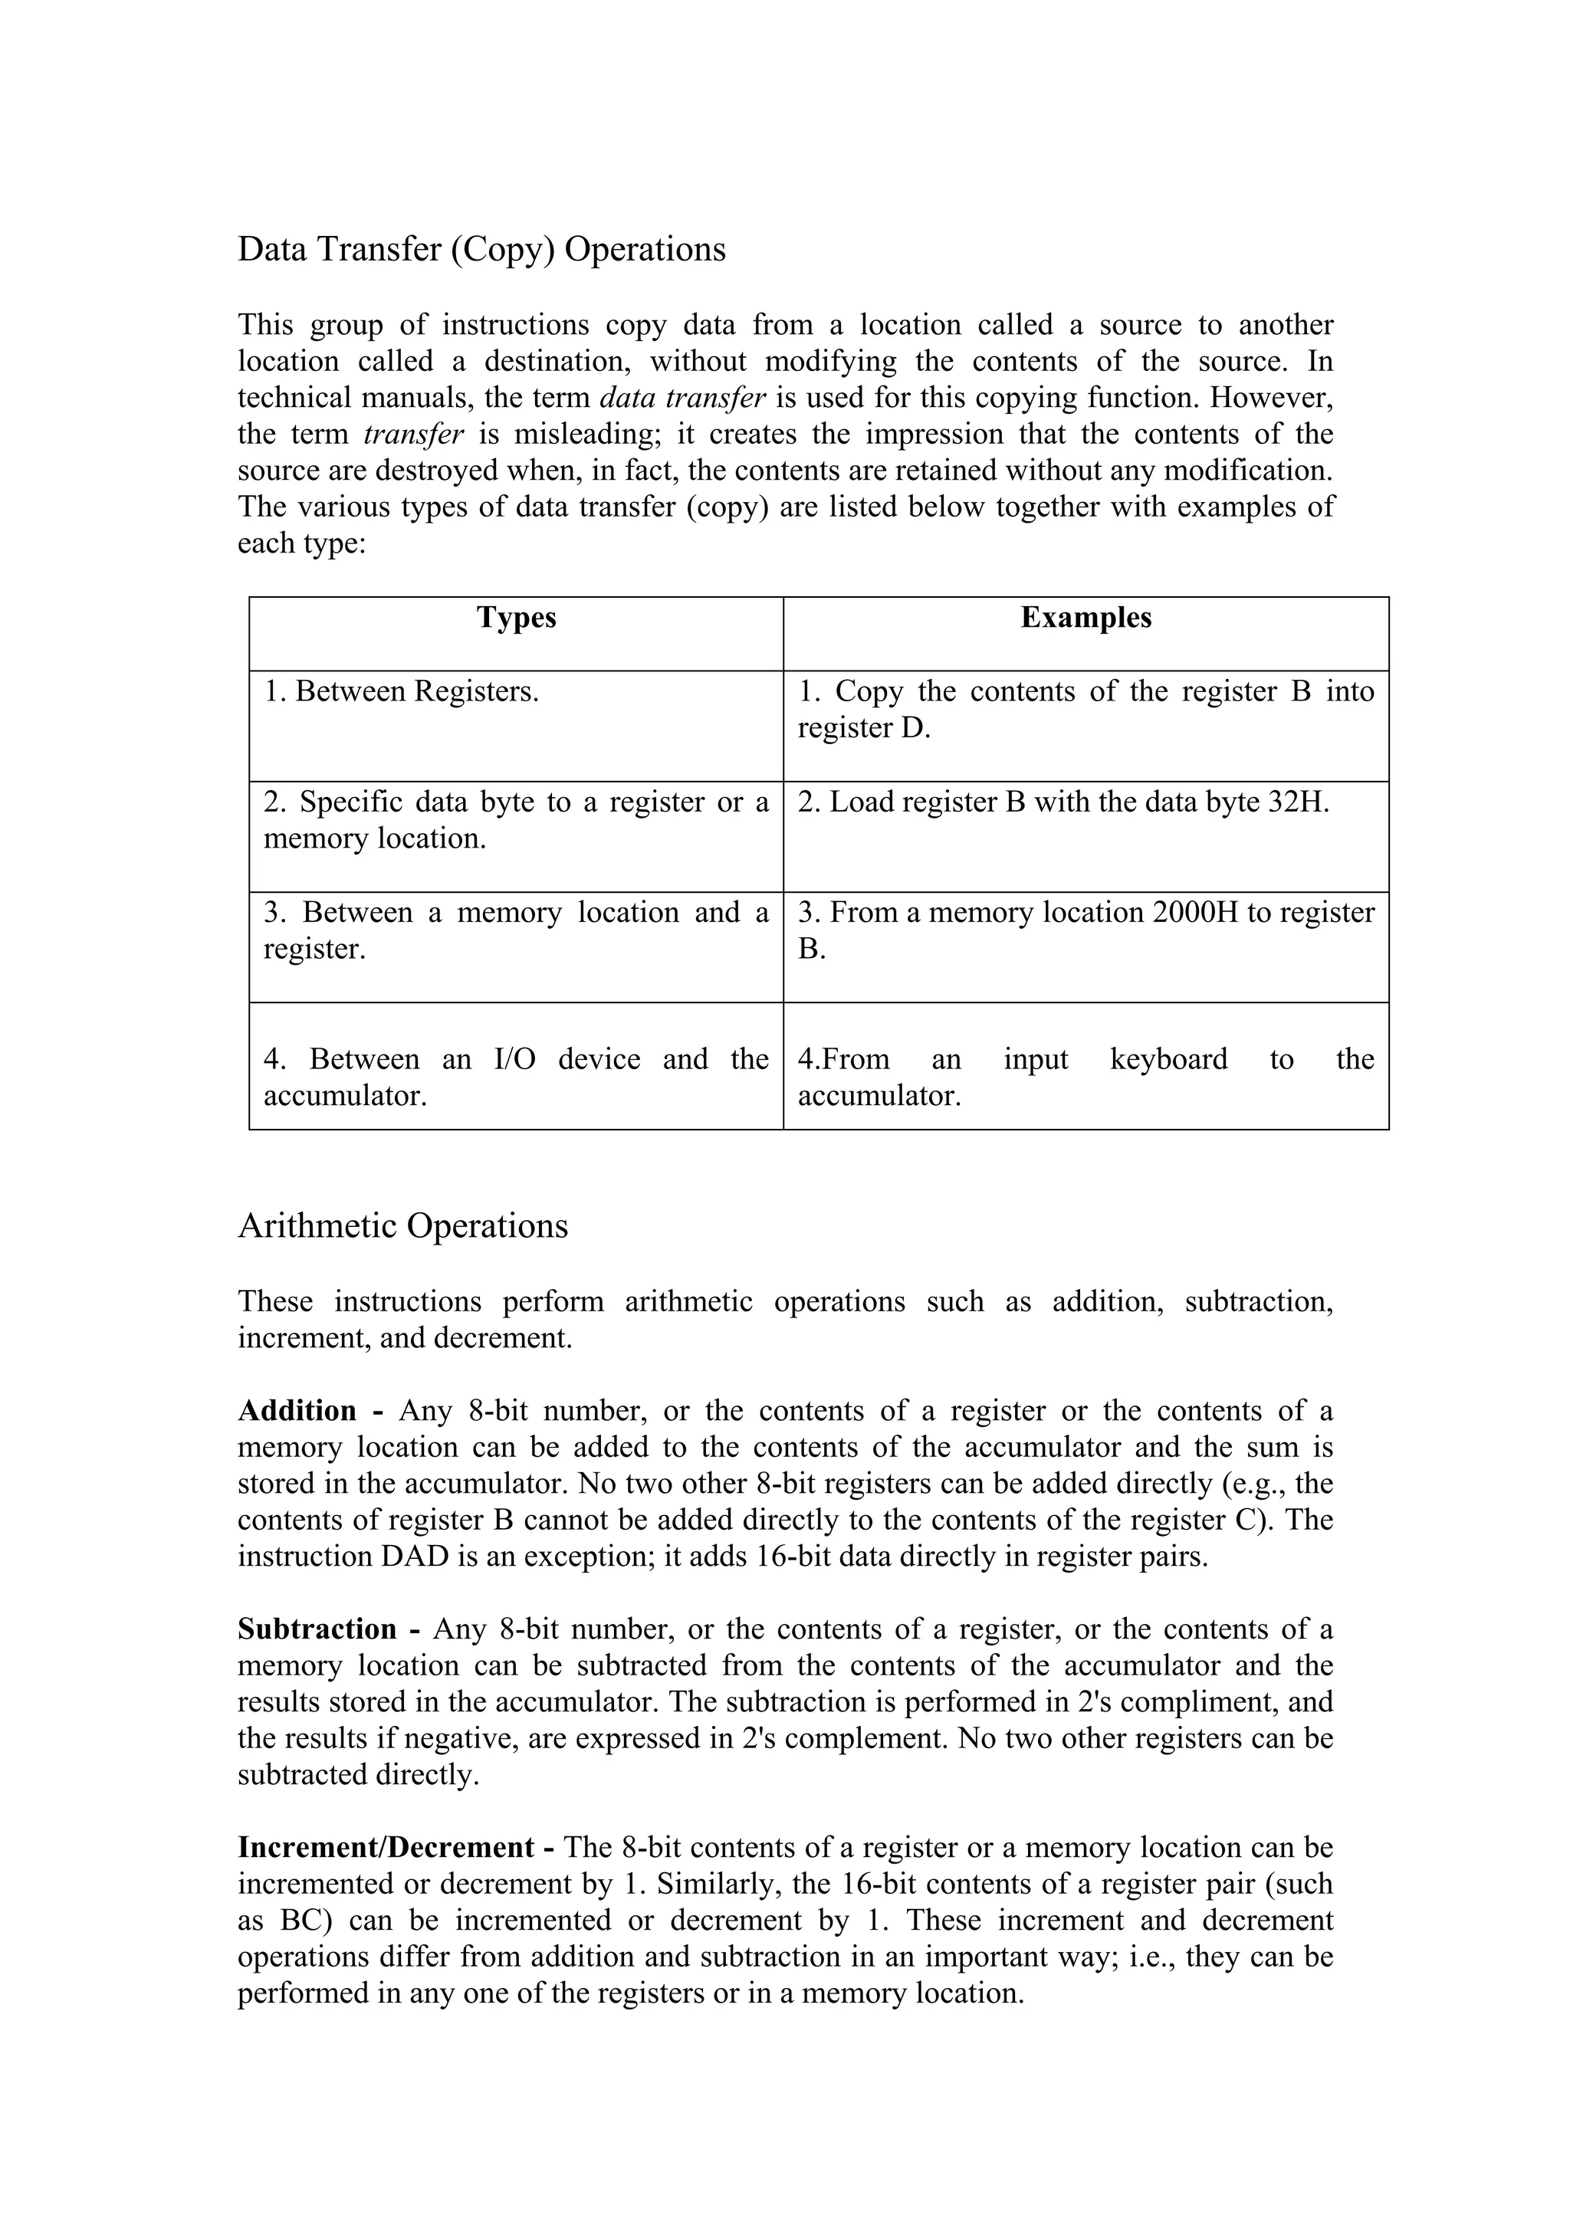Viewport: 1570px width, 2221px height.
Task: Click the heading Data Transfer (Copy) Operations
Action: tap(481, 250)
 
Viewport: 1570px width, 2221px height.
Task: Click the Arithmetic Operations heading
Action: tap(402, 1226)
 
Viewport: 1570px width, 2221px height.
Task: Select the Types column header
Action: tap(516, 618)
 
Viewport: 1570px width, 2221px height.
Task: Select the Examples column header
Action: tap(1086, 618)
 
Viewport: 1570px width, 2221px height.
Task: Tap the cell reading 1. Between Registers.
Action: tap(402, 691)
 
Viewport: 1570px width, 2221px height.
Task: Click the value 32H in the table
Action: tap(1298, 802)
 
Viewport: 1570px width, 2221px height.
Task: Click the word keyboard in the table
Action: tap(1168, 1059)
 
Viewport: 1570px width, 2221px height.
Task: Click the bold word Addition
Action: tap(297, 1412)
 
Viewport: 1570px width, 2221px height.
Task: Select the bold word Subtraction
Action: tap(317, 1630)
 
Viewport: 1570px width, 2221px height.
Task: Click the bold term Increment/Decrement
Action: tap(386, 1849)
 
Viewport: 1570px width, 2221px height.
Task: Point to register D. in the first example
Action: tap(864, 728)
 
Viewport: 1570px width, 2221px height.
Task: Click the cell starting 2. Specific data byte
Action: tap(516, 819)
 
